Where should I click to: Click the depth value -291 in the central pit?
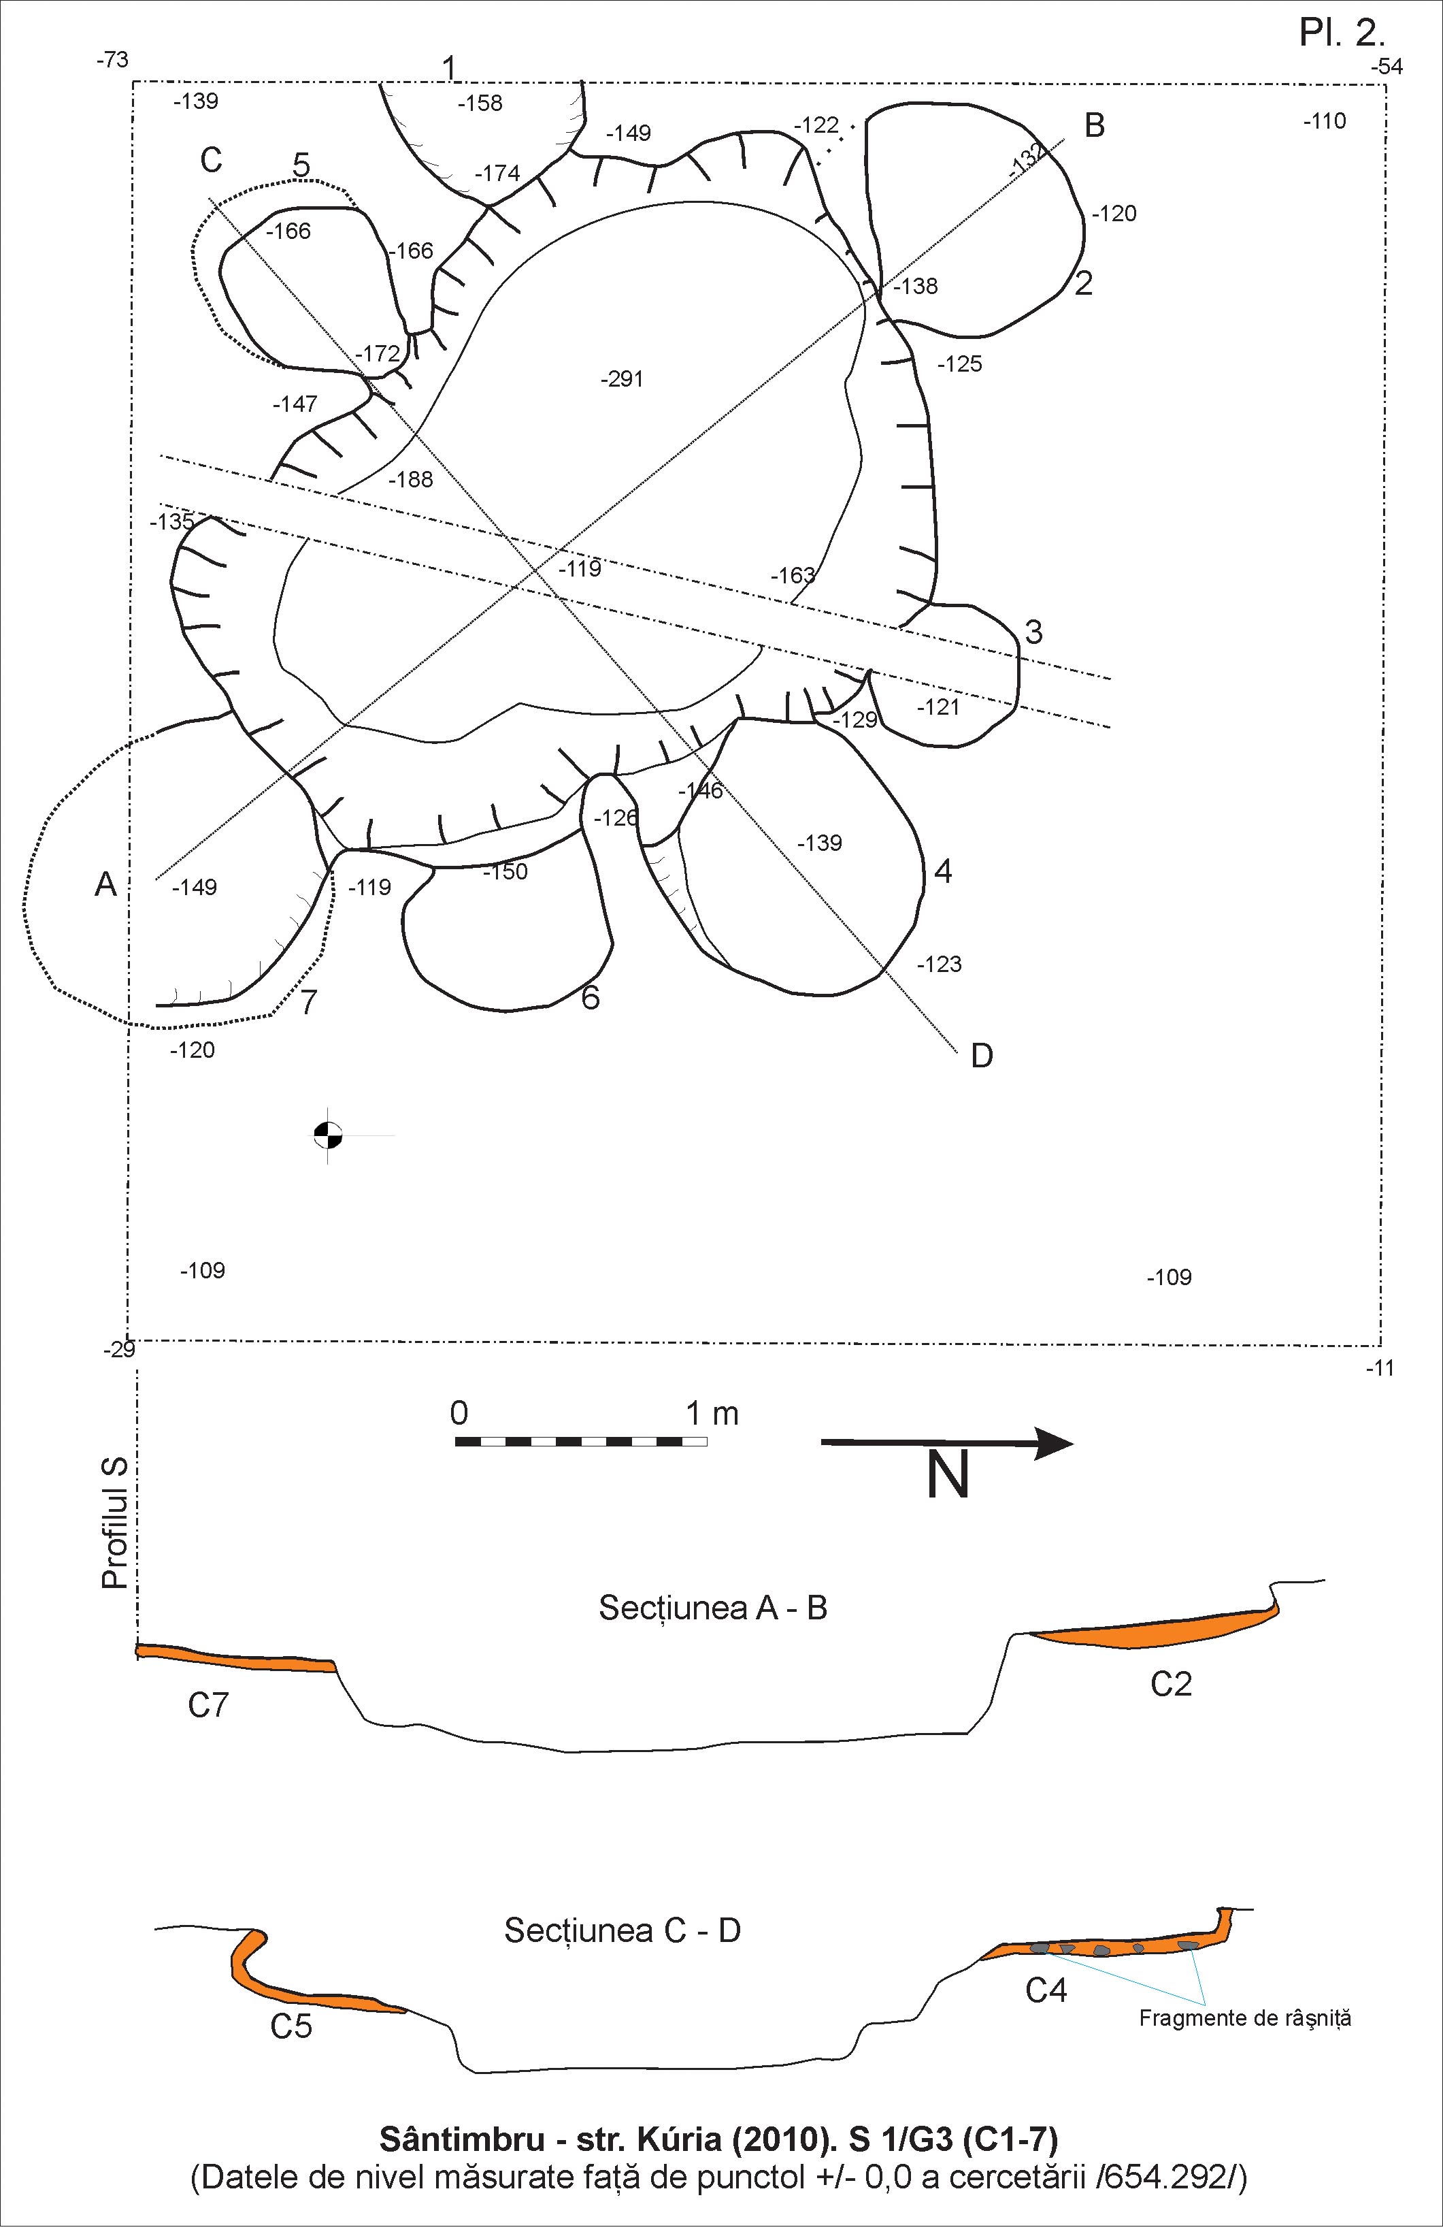tap(623, 378)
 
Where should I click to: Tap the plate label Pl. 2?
tap(1341, 34)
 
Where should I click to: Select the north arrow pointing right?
tap(946, 1443)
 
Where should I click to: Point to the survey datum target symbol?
tap(327, 1135)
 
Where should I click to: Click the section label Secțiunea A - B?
tap(712, 1608)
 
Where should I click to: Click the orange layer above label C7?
tap(234, 1657)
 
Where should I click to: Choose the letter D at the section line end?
tap(981, 1056)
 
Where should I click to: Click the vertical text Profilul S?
tap(114, 1523)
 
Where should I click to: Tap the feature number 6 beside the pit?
tap(589, 997)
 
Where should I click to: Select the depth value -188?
tap(410, 480)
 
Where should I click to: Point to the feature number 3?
tap(1033, 632)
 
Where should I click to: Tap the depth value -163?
tap(792, 574)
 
